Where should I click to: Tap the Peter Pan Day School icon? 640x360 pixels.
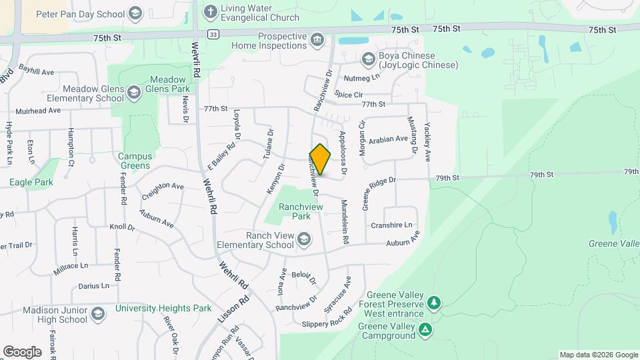click(135, 14)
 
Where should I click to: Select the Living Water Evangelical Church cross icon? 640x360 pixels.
click(210, 11)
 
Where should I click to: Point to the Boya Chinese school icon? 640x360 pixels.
click(367, 60)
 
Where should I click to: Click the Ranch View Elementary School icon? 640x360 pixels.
click(304, 239)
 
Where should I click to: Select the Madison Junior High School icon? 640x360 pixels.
click(98, 314)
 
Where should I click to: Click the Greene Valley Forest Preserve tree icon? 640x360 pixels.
click(434, 304)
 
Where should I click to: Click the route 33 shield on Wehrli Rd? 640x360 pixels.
click(212, 35)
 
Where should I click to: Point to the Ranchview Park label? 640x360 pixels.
click(301, 211)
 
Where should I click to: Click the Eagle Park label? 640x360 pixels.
click(31, 181)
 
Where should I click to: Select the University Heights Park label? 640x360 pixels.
click(163, 308)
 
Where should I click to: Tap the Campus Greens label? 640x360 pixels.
click(135, 161)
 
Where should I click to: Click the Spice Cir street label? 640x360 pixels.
click(349, 95)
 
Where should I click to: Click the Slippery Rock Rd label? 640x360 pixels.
click(327, 323)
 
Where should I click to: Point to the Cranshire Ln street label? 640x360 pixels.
click(391, 225)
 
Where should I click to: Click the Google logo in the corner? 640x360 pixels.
click(22, 351)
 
